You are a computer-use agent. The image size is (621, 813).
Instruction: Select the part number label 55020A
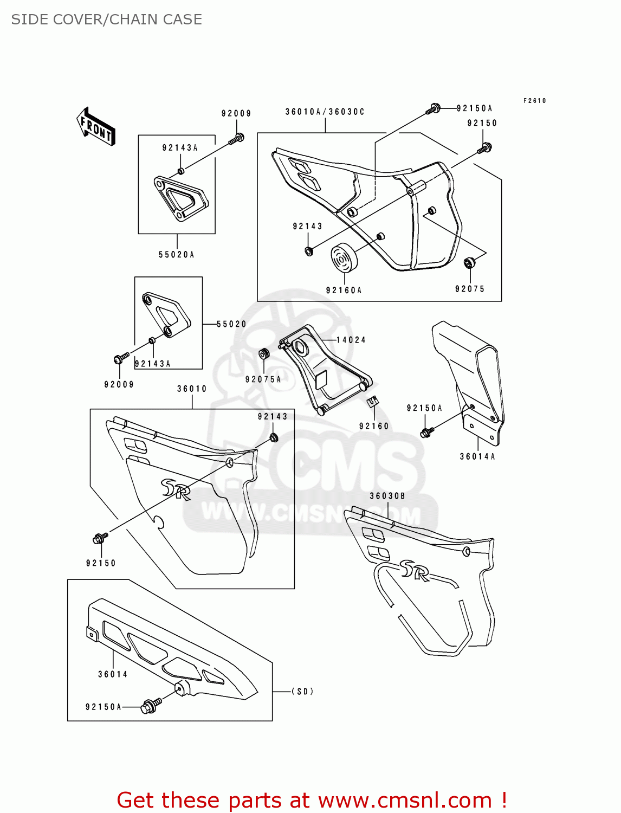pos(176,255)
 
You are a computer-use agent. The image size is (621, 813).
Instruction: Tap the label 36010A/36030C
pos(325,112)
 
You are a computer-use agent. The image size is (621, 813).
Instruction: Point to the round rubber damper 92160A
pos(344,259)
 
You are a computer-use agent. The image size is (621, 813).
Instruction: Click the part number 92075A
pos(263,379)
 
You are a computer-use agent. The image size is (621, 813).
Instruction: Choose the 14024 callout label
pos(351,340)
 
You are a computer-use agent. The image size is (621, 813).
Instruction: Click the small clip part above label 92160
pos(373,402)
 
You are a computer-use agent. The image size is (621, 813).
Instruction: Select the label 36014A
pos(477,456)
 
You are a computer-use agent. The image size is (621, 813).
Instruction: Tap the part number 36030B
pos(387,496)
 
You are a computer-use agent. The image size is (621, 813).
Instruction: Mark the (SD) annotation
pos(302,692)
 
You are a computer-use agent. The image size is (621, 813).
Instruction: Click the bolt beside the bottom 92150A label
pos(151,706)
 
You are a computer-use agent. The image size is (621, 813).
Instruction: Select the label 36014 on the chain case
pos(113,674)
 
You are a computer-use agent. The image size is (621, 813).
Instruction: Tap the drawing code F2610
pos(535,101)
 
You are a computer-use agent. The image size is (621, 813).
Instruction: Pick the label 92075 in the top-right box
pos(470,289)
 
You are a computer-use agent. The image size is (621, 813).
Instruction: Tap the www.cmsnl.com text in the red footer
pos(404,801)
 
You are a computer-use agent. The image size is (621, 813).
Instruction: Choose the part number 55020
pos(231,324)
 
